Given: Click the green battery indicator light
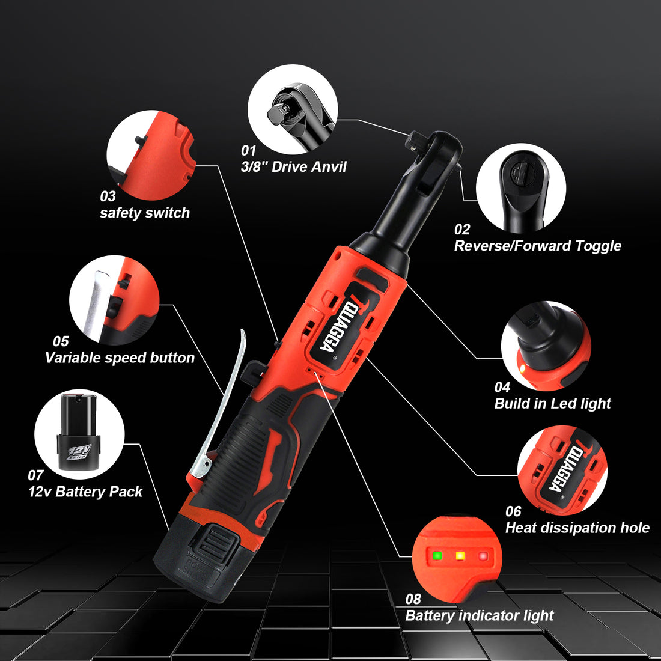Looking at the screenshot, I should [437, 556].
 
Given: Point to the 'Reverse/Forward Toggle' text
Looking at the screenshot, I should [537, 246].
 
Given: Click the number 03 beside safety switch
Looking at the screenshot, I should [108, 196].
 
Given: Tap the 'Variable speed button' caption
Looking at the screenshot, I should [120, 358].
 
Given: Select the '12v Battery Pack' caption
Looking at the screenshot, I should [85, 492].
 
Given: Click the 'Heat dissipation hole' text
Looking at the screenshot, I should [577, 528].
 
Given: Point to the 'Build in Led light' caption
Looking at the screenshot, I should [552, 404].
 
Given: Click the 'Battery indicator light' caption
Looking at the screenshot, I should [479, 616].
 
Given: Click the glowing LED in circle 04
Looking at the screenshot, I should [522, 368].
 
